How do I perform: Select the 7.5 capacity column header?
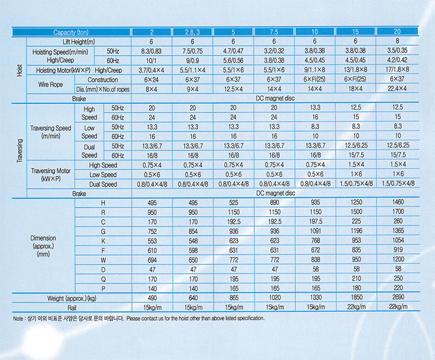tap(273, 32)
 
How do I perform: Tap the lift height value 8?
tap(397, 41)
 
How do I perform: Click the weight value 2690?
tap(397, 298)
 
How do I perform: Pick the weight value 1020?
tap(273, 298)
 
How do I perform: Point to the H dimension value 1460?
tap(397, 203)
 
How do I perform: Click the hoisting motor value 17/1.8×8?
tap(397, 70)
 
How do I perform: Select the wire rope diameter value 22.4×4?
tap(397, 89)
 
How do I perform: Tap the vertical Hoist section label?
tap(19, 70)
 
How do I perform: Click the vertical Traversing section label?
tap(19, 147)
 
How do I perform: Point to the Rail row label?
tap(75, 307)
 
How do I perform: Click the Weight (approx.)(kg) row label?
tap(75, 298)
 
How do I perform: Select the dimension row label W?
tap(104, 260)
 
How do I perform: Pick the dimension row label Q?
tap(104, 279)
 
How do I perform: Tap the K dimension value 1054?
tap(397, 241)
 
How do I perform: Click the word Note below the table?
tap(19, 319)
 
